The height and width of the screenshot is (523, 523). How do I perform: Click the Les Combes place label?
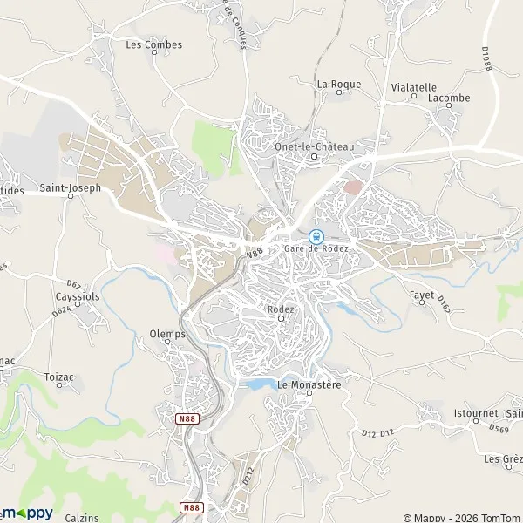[154, 44]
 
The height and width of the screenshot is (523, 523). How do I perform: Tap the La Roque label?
[332, 84]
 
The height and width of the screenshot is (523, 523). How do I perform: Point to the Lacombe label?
[449, 98]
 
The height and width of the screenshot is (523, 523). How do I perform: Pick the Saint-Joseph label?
[71, 187]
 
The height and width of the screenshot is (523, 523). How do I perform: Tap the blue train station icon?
[316, 235]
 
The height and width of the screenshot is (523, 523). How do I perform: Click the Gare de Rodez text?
[316, 249]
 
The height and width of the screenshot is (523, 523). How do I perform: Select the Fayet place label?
[422, 295]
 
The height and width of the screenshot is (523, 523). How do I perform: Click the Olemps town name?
[167, 334]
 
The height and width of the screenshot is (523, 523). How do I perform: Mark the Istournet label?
[475, 411]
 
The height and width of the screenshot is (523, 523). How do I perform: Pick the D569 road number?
[499, 428]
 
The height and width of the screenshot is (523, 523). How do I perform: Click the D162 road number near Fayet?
[444, 303]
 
